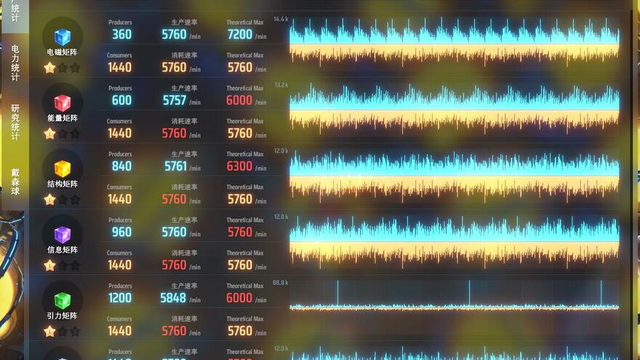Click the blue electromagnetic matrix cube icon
point(63,36)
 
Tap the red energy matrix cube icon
point(63,103)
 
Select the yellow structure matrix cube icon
point(63,169)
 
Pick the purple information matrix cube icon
point(63,234)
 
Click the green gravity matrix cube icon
point(63,300)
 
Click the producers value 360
point(121,34)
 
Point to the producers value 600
point(121,100)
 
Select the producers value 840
point(121,166)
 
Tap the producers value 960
point(121,232)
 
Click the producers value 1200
point(120,297)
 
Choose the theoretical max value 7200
point(239,34)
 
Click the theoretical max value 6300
point(239,166)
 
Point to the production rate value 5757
point(175,100)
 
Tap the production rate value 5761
point(175,166)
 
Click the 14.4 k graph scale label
point(281,19)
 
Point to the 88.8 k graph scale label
point(281,282)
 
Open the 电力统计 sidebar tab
point(15,63)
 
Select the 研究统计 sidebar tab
point(15,121)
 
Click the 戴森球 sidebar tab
point(15,182)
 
